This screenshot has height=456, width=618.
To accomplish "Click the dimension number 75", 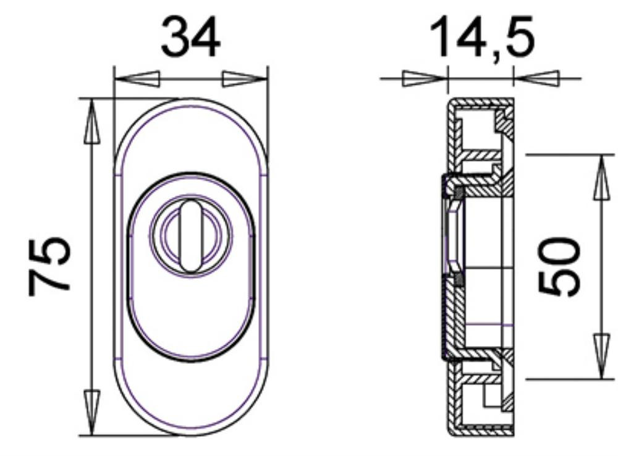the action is (49, 266).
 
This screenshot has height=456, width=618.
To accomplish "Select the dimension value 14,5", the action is (482, 38).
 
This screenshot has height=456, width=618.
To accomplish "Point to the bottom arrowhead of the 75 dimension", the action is (92, 413).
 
